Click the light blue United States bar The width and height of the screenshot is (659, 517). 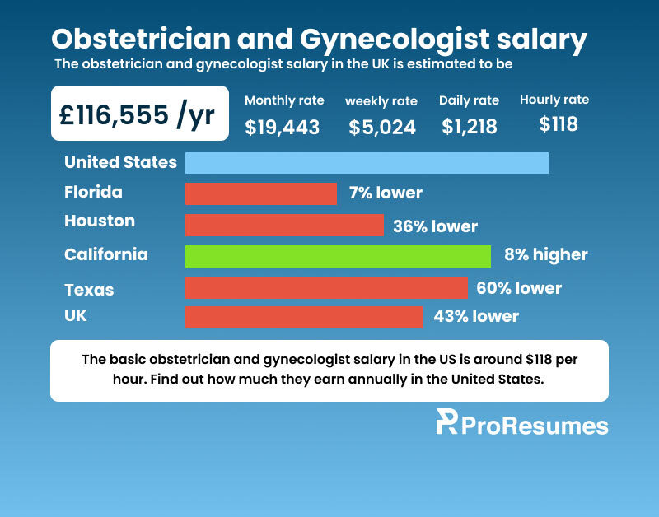pyautogui.click(x=367, y=163)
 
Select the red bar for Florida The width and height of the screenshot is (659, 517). pyautogui.click(x=261, y=194)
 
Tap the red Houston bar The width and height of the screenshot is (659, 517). pyautogui.click(x=284, y=225)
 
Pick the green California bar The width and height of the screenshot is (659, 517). pyautogui.click(x=338, y=256)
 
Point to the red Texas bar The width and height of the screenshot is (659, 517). pyautogui.click(x=326, y=287)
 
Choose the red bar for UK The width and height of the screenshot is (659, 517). pyautogui.click(x=304, y=318)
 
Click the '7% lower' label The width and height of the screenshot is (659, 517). pyautogui.click(x=386, y=193)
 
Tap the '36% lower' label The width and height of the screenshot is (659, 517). pyautogui.click(x=436, y=226)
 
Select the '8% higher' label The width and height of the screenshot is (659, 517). pyautogui.click(x=546, y=254)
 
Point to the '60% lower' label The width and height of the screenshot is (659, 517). pyautogui.click(x=519, y=288)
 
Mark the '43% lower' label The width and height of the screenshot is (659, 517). pyautogui.click(x=476, y=316)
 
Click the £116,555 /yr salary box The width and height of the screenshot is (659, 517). pyautogui.click(x=140, y=114)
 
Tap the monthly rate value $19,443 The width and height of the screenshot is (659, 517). pyautogui.click(x=283, y=127)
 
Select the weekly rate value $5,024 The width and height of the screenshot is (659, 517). pyautogui.click(x=382, y=128)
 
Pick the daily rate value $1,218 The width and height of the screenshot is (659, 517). pyautogui.click(x=470, y=127)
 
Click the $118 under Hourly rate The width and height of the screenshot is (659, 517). pyautogui.click(x=559, y=124)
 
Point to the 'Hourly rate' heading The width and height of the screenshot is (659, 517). pyautogui.click(x=554, y=100)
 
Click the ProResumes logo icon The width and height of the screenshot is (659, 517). pyautogui.click(x=446, y=422)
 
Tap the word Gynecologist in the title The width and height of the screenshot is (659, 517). pyautogui.click(x=395, y=40)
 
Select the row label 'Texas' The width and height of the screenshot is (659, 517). pyautogui.click(x=89, y=291)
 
